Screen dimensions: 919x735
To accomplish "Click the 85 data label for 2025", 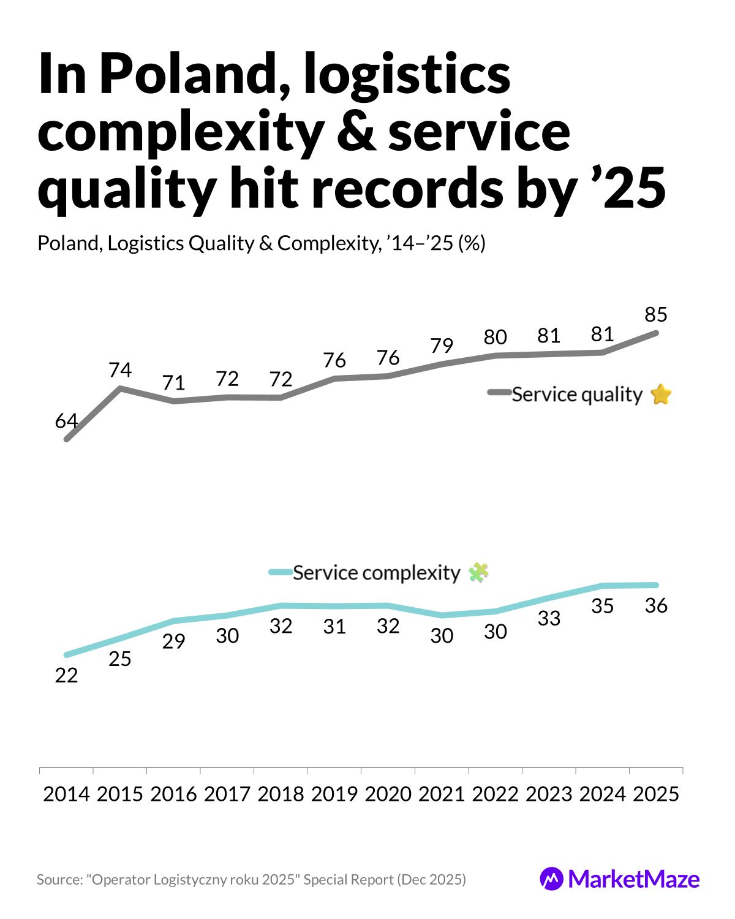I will click(x=655, y=315).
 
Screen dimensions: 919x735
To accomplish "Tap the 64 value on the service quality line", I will click(x=66, y=422).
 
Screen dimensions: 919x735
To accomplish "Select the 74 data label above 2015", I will click(x=120, y=370).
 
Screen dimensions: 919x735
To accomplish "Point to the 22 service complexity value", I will click(x=66, y=675).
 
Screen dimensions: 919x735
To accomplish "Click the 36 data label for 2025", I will click(x=655, y=606).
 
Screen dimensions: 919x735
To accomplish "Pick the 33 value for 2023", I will click(x=549, y=619).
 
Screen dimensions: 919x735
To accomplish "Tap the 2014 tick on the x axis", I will click(x=66, y=794).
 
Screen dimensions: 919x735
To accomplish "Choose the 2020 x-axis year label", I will click(x=388, y=794).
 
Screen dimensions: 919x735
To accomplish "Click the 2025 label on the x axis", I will click(x=655, y=794).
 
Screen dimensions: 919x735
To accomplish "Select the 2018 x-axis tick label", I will click(x=281, y=794).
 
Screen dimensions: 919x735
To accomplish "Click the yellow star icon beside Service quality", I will click(x=661, y=395).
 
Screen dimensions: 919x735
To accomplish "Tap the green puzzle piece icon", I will click(x=478, y=573).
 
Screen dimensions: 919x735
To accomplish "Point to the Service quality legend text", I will click(x=576, y=395).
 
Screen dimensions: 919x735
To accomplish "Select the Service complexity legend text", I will click(x=376, y=573).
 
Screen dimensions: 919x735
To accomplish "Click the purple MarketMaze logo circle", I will click(x=551, y=879).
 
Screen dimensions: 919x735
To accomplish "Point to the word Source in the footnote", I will click(x=59, y=880).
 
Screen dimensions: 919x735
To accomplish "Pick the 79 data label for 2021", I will click(x=442, y=346).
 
